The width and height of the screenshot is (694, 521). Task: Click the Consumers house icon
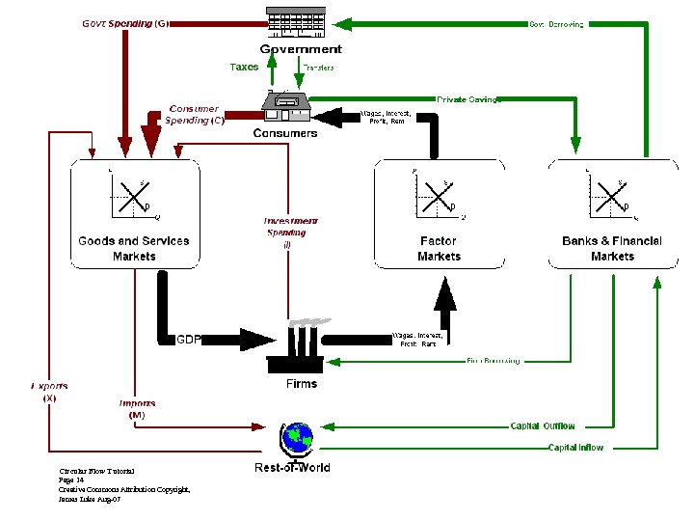pos(285,104)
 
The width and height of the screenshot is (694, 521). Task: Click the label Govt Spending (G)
pos(124,24)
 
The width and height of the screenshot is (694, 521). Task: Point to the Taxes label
pos(244,68)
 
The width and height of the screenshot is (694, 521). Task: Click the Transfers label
pos(319,68)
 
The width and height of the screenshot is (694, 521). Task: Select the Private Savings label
pos(469,99)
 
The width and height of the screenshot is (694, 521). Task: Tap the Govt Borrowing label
pos(556,24)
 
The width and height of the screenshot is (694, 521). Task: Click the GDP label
pos(188,340)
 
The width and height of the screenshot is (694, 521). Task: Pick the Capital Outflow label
pos(543,425)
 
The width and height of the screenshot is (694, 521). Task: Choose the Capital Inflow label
pos(575,448)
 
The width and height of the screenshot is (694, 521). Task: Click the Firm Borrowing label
pos(493,361)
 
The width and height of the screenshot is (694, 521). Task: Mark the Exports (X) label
pos(49,392)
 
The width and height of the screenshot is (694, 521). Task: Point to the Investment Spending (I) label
pos(289,233)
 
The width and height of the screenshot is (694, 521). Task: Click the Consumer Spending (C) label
pos(195,115)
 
